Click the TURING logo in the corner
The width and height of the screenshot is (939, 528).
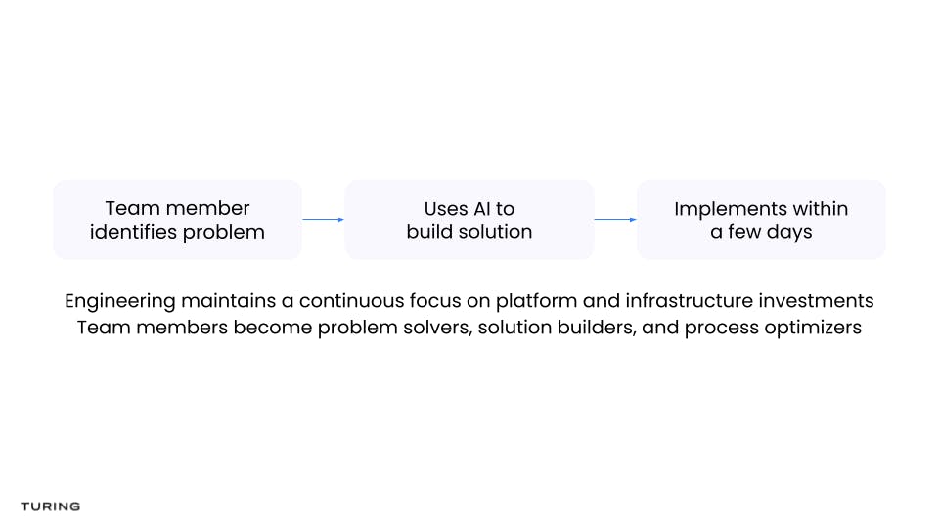(x=50, y=506)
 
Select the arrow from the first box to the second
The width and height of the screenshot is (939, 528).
(x=324, y=220)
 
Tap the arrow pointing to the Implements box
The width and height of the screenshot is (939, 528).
(x=615, y=220)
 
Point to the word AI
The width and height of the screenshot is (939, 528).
(x=481, y=209)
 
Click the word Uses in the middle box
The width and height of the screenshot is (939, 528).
(x=446, y=209)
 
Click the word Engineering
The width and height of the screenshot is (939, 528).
(x=119, y=301)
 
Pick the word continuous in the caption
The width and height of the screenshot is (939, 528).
(x=351, y=300)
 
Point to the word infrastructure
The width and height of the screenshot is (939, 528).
(x=690, y=300)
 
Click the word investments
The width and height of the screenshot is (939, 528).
(x=816, y=300)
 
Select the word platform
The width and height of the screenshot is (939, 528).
(x=537, y=301)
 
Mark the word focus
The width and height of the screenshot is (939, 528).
(x=435, y=300)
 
